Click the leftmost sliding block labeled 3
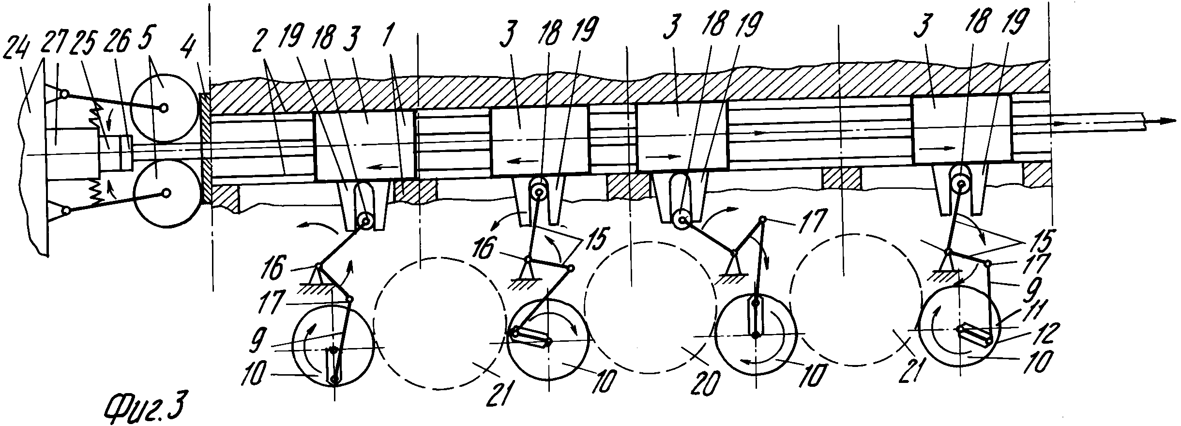coord(365,146)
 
